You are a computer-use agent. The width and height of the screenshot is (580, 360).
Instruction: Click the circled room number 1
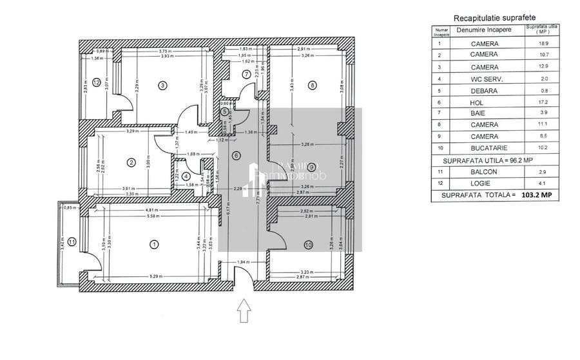[153, 243]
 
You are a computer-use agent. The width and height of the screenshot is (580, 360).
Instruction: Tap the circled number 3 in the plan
[162, 85]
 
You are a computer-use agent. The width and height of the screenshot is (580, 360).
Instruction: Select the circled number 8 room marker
[312, 84]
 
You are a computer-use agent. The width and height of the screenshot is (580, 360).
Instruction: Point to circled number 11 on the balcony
[72, 242]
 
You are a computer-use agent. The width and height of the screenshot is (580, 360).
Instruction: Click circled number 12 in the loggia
[96, 82]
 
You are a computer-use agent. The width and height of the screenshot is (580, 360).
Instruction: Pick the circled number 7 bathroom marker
[246, 74]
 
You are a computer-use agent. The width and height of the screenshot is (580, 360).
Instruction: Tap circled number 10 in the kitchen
[308, 244]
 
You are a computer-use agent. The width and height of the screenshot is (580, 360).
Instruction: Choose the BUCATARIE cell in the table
[484, 148]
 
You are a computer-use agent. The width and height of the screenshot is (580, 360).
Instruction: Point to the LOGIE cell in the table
[484, 183]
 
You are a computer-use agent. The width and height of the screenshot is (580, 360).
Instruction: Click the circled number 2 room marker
[131, 162]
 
